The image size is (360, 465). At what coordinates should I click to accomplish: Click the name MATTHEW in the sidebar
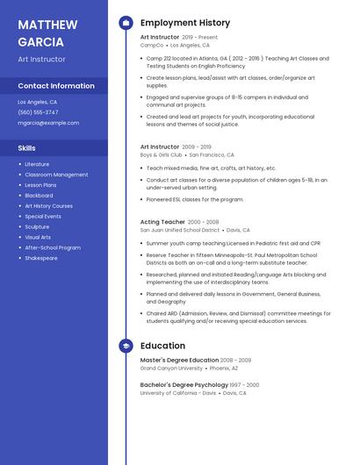47,23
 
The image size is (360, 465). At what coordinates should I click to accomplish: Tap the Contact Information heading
56,86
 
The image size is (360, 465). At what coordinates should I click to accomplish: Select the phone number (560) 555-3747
38,112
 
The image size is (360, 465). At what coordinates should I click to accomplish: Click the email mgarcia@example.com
48,123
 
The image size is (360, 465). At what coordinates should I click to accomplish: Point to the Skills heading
26,148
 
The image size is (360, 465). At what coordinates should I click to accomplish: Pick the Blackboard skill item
39,196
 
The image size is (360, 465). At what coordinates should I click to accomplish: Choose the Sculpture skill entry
37,226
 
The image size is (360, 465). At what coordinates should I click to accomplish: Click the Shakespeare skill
40,258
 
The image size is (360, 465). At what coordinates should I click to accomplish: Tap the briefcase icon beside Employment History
126,23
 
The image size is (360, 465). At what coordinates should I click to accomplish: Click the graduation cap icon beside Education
126,347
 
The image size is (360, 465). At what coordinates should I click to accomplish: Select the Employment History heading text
185,23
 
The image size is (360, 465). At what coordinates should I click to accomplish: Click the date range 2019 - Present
199,38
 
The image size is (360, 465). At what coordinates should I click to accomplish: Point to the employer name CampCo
152,45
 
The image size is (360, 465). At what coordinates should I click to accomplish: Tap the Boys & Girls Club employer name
162,154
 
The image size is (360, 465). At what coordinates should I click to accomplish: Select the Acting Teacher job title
162,222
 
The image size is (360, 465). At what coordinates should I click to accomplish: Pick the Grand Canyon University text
172,368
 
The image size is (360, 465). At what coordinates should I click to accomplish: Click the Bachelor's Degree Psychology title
184,385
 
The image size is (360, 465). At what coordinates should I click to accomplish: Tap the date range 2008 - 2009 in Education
235,361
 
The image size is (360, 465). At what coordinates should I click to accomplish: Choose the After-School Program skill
53,247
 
